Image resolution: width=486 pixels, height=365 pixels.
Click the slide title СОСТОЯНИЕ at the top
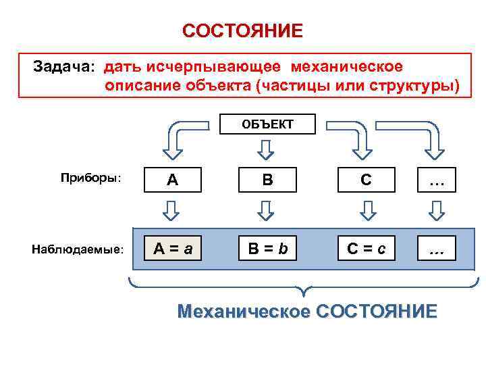(242, 31)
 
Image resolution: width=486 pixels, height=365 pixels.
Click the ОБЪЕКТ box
(268, 124)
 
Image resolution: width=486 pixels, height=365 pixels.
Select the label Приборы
(90, 178)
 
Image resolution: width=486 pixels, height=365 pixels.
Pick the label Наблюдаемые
(78, 249)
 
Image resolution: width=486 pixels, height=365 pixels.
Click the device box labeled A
(172, 180)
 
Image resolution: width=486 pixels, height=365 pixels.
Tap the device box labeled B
(267, 180)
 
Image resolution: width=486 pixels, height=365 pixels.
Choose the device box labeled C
(366, 180)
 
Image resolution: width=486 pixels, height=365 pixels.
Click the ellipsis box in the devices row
(436, 180)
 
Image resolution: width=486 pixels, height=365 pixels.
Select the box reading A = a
(172, 249)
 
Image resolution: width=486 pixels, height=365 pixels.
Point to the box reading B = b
(267, 249)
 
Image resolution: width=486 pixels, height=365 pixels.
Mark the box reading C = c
(366, 249)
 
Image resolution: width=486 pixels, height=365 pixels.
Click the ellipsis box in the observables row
(436, 249)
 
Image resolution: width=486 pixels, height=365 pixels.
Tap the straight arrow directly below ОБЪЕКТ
(267, 148)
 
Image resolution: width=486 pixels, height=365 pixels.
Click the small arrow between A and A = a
(172, 212)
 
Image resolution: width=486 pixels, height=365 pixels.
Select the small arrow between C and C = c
(366, 212)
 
